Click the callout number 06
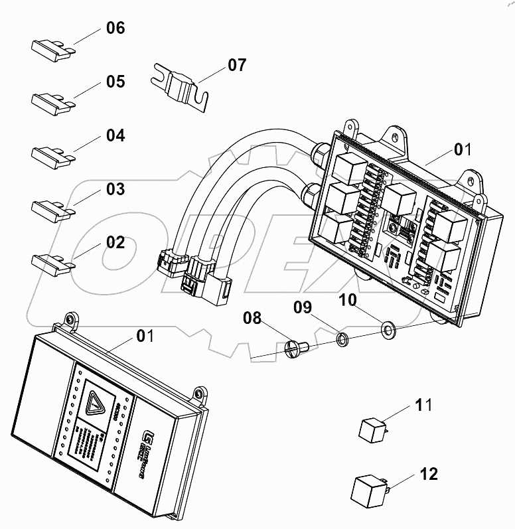(115, 29)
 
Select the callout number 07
(237, 65)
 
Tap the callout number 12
(429, 475)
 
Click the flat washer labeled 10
(388, 328)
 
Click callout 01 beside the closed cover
(145, 336)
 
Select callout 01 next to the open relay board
(463, 151)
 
